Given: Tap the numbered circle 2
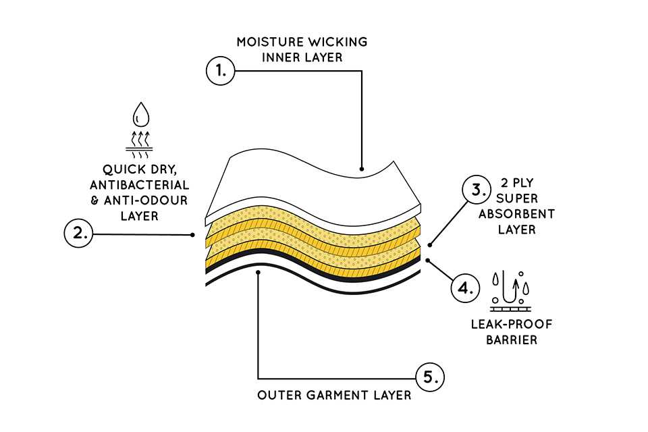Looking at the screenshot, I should tap(78, 234).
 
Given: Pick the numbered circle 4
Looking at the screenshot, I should tap(465, 289).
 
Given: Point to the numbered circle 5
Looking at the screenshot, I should tap(429, 377).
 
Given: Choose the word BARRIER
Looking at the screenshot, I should tap(512, 340).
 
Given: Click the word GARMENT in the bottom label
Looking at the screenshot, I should tap(334, 395).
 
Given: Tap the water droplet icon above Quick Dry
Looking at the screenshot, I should tap(141, 113).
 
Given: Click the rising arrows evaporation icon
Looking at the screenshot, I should tap(141, 140).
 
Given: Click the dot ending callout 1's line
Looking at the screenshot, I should tap(362, 169).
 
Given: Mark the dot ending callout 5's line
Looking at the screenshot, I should tap(259, 272).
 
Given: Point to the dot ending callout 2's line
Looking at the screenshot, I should tap(194, 235).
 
